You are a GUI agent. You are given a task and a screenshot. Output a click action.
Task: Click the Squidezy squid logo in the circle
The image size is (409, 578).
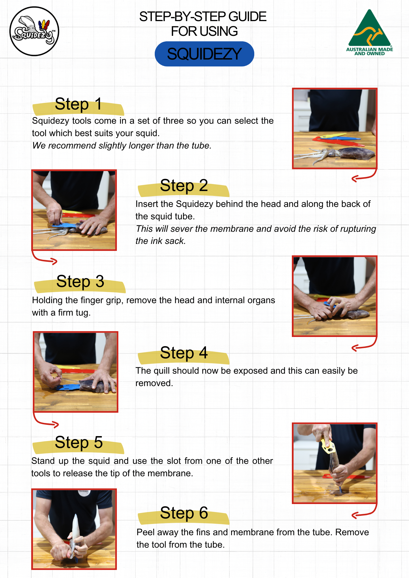click(34, 31)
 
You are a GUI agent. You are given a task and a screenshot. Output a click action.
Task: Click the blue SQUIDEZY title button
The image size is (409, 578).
click(204, 54)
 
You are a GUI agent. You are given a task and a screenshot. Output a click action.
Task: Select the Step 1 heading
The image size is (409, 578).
click(78, 104)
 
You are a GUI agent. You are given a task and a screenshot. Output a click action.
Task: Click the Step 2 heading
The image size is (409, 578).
click(184, 186)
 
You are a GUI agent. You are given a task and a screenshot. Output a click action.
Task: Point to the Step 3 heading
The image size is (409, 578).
click(80, 281)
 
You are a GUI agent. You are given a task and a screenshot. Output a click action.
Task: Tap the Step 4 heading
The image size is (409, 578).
click(184, 353)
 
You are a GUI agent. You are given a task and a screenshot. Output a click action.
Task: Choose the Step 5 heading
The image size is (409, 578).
click(79, 442)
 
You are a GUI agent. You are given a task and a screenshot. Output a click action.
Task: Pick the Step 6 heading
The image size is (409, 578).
click(184, 513)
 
